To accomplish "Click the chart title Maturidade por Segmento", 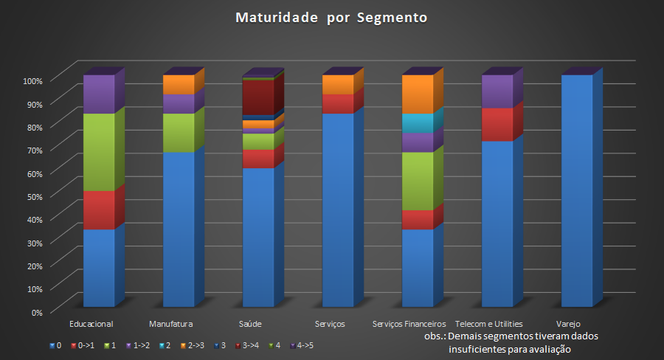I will click(331, 17).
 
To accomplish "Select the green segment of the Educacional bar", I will click(98, 152).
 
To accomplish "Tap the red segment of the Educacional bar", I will click(98, 210).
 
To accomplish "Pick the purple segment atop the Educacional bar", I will click(98, 94).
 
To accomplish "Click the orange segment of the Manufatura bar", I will click(178, 84).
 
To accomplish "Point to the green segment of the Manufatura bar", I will click(178, 133).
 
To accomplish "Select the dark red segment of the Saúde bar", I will click(258, 97).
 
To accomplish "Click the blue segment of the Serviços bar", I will click(338, 210).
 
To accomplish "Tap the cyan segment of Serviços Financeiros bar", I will click(418, 123).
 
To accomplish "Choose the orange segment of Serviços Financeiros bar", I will click(418, 94).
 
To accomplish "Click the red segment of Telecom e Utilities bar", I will click(497, 124).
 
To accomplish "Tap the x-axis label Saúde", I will click(250, 324).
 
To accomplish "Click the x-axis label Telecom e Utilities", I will click(489, 324).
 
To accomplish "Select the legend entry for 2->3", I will click(193, 345).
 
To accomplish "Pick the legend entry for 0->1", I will click(83, 345).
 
